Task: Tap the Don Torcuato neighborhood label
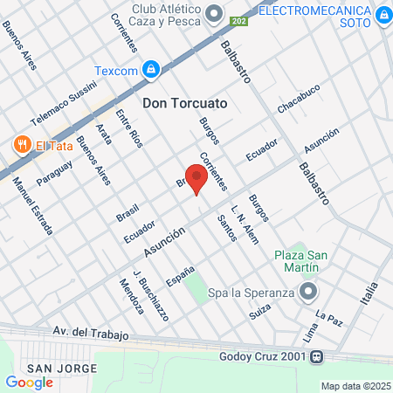(185, 103)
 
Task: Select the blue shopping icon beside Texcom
(151, 68)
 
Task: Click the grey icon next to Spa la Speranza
(307, 292)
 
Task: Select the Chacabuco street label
(299, 98)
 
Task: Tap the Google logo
(29, 382)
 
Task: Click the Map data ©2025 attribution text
(355, 386)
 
